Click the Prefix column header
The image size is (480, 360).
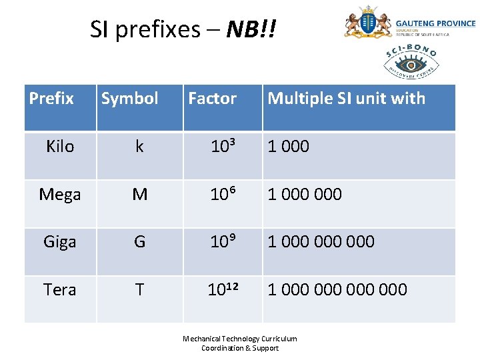coord(51,99)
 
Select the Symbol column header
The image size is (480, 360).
coord(129,99)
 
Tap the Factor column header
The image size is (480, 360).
coord(212,99)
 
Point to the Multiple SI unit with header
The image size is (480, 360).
coord(346,99)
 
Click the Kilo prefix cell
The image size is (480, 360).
coord(60,147)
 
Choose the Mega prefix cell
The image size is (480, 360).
coord(60,195)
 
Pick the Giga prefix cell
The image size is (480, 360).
coord(60,242)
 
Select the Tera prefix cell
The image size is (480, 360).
coord(60,290)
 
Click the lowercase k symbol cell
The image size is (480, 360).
coord(139,147)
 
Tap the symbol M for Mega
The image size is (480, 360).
coord(139,195)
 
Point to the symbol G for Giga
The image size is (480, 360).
coord(139,242)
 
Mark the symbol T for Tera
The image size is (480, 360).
coord(139,290)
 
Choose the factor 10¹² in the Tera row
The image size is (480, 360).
coord(223,289)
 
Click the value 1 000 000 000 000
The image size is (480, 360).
coord(337,290)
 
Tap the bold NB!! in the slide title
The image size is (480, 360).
coord(251,29)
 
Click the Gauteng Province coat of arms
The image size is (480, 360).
coord(367,23)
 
